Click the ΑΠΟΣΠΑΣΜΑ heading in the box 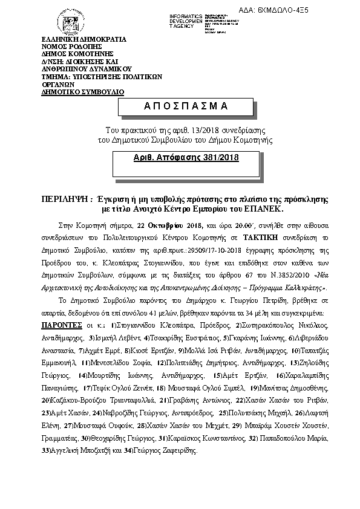pos(177,106)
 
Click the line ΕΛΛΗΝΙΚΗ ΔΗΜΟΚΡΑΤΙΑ pos(83,39)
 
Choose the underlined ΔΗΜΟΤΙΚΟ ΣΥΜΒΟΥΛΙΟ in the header pos(82,91)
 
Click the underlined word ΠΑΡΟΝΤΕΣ pos(59,324)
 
